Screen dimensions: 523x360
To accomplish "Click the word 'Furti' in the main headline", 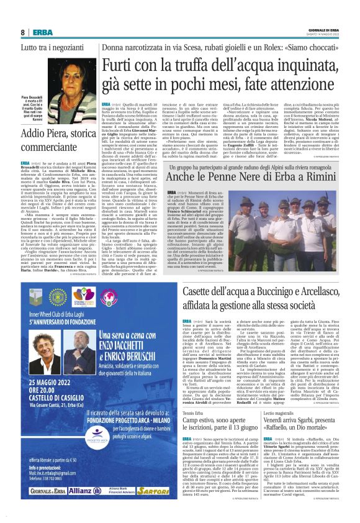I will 122,65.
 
